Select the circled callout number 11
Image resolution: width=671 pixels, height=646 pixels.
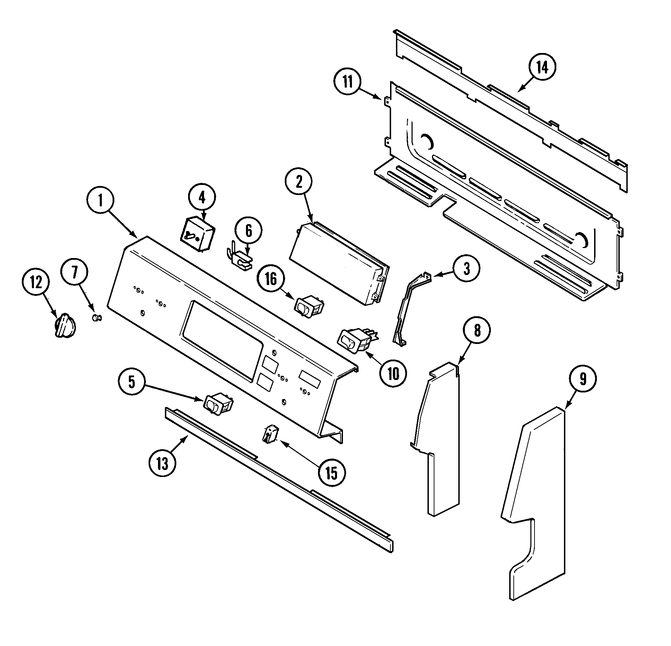pos(347,83)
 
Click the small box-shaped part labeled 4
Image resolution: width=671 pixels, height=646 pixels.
pos(196,234)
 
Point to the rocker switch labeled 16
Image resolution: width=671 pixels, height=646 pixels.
pos(309,306)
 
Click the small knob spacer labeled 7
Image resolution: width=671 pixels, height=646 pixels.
pos(96,317)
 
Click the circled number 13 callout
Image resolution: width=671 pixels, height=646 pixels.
pos(162,463)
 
